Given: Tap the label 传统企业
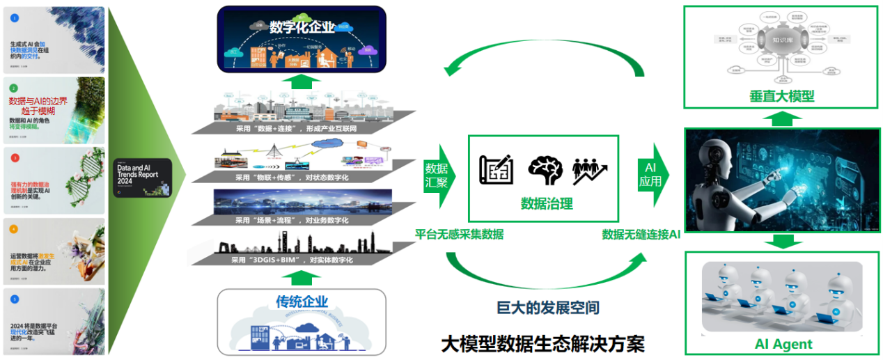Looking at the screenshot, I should (x=302, y=302).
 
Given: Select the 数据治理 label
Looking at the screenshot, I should (x=547, y=203).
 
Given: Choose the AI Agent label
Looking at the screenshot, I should (x=783, y=344).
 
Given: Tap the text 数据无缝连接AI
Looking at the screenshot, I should (x=641, y=235).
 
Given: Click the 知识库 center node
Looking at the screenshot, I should (x=784, y=40).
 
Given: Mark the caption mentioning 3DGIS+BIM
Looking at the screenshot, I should (x=292, y=260).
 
